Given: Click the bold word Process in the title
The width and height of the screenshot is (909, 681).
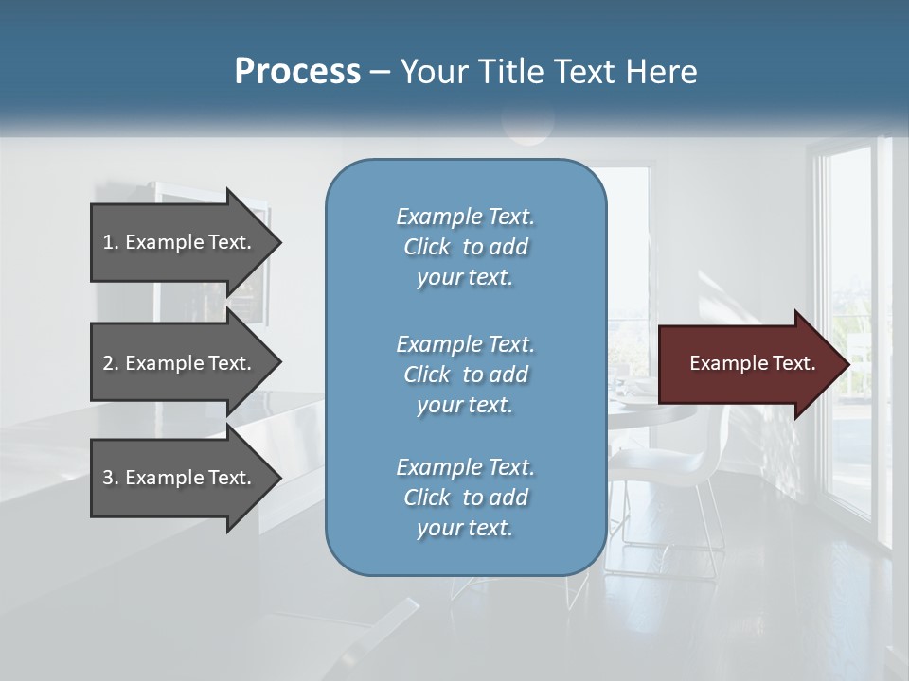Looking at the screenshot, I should [297, 72].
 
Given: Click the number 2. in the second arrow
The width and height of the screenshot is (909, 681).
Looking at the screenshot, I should [111, 363].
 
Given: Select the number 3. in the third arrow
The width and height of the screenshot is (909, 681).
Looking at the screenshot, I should [111, 478].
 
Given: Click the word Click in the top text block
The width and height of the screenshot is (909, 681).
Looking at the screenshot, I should [427, 247].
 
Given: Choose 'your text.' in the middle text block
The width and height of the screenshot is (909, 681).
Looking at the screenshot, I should [465, 404].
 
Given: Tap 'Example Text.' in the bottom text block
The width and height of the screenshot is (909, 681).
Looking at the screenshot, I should [465, 467].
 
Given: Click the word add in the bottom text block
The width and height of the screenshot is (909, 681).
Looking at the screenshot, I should [509, 498].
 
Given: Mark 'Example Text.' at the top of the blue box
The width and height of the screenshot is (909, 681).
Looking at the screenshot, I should [465, 217].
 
